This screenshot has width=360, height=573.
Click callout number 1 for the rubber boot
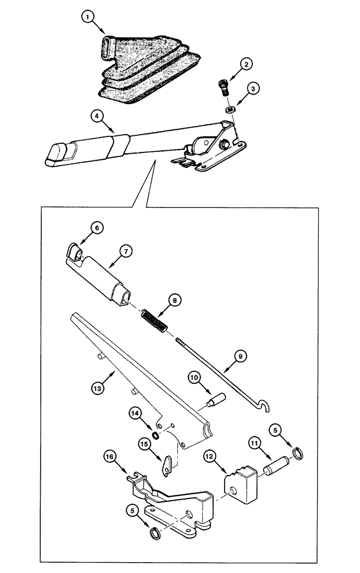pyautogui.click(x=87, y=18)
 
